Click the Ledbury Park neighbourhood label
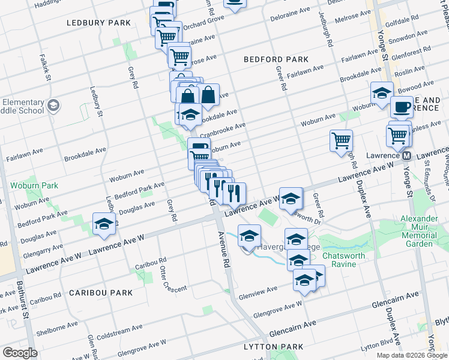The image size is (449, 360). [99, 23]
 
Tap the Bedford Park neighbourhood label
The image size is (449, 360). [276, 59]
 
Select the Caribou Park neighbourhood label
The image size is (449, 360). [100, 293]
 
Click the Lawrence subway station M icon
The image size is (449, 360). [406, 155]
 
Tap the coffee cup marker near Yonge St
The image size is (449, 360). [402, 107]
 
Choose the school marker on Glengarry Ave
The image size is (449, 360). [104, 224]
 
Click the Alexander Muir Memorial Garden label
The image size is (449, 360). [419, 231]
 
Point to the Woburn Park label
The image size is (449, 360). [34, 185]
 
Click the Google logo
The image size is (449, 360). [20, 353]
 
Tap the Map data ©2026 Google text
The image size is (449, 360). [412, 355]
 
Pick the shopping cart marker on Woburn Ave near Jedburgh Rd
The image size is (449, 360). [341, 140]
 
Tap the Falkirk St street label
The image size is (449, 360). [45, 68]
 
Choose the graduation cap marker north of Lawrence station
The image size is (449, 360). [381, 93]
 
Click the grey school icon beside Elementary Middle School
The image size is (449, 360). [53, 106]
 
